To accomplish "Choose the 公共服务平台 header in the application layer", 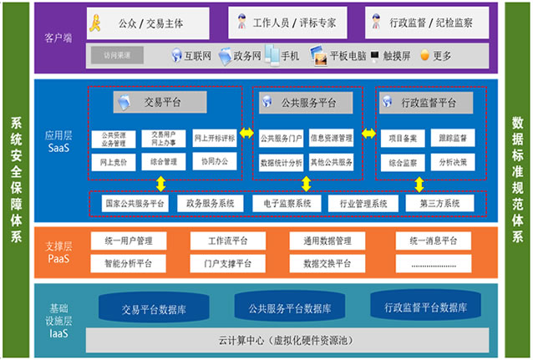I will click(305, 103).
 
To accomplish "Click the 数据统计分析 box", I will click(282, 161).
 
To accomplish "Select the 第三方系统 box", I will click(433, 203).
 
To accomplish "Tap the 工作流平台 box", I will click(221, 241).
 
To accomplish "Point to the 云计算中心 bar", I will click(281, 340).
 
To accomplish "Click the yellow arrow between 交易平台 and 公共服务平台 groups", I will click(246, 133).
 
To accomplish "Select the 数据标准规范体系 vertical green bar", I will click(517, 180).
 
